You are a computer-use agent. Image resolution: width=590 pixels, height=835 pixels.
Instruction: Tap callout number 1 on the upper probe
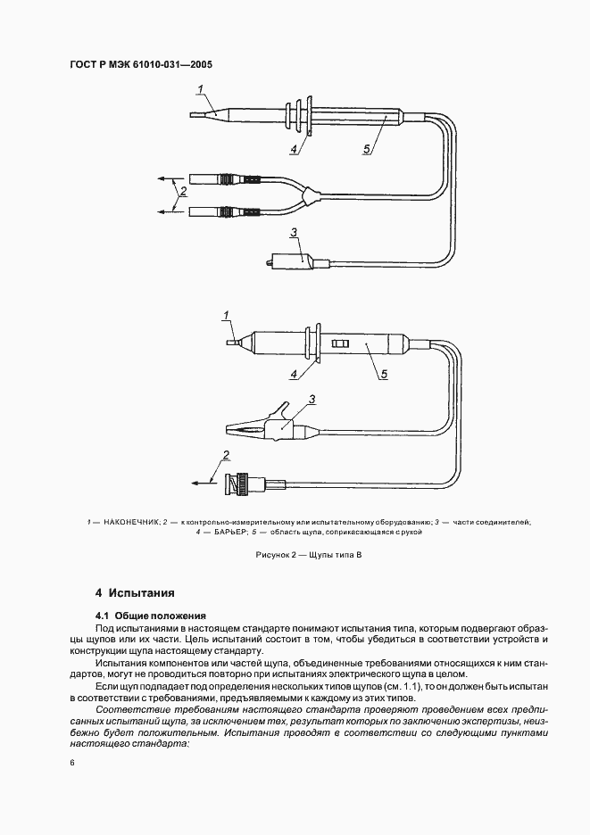[x=201, y=87]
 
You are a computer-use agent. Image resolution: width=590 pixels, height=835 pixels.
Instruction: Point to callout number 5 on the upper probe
[x=366, y=149]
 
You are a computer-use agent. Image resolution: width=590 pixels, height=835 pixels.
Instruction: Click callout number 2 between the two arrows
[x=183, y=191]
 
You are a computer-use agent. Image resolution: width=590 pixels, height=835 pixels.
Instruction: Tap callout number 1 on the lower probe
[x=227, y=315]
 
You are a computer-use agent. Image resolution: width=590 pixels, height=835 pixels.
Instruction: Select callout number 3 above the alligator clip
[x=312, y=399]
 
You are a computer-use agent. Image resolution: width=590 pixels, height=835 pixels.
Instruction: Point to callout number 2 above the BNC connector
[x=226, y=456]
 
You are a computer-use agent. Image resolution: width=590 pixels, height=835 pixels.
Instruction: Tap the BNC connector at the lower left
[x=244, y=485]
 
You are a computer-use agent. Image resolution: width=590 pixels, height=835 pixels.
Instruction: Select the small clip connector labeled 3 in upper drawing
[x=291, y=263]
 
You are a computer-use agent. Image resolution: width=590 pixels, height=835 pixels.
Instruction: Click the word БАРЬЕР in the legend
[x=227, y=532]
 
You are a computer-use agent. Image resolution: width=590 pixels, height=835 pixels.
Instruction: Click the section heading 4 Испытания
[x=135, y=592]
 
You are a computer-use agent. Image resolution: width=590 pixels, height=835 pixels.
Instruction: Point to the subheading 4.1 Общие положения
[x=151, y=616]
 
